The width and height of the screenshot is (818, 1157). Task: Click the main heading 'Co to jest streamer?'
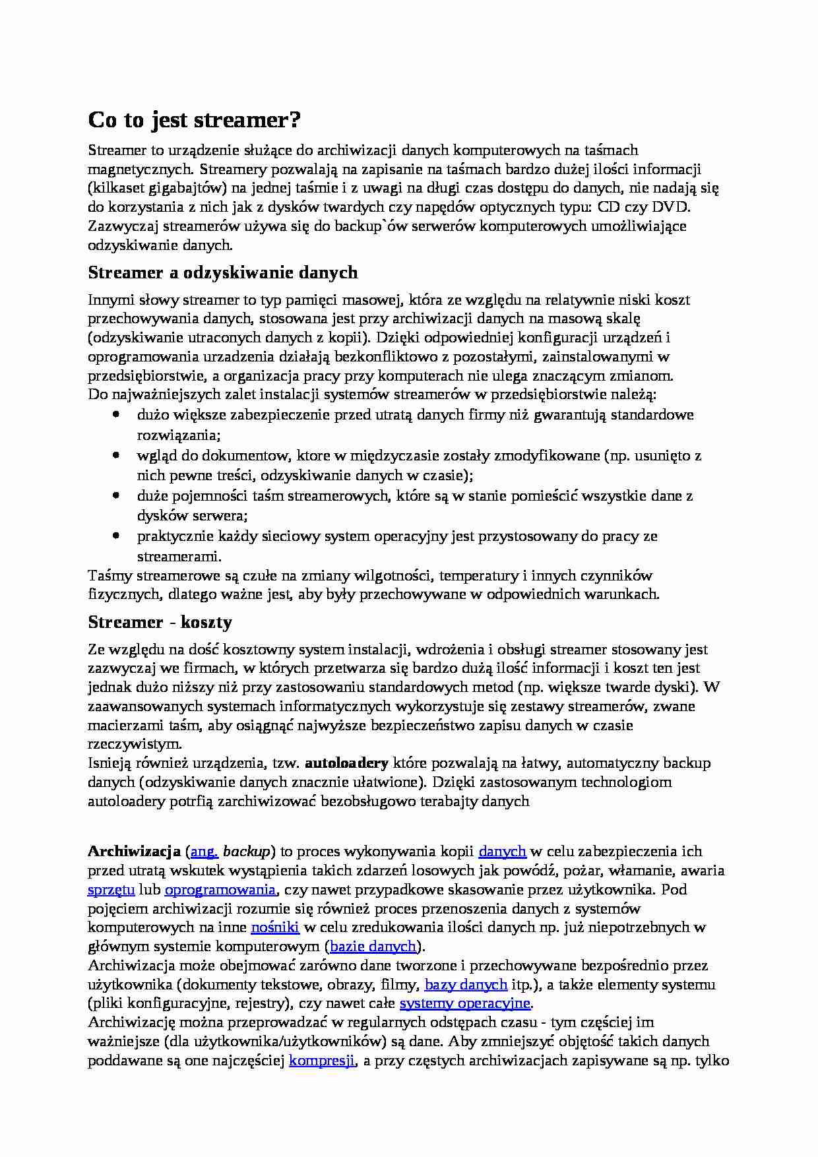pyautogui.click(x=194, y=120)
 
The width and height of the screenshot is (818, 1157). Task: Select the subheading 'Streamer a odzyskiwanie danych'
pyautogui.click(x=223, y=272)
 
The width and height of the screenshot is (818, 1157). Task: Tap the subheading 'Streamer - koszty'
pyautogui.click(x=160, y=622)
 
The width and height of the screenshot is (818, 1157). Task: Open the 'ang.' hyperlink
pyautogui.click(x=204, y=851)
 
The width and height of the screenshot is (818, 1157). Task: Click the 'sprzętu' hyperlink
pyautogui.click(x=111, y=889)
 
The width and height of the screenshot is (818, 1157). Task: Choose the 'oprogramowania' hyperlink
pyautogui.click(x=220, y=889)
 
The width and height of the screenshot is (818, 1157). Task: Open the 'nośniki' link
pyautogui.click(x=275, y=927)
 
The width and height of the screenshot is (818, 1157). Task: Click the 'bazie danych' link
pyautogui.click(x=373, y=947)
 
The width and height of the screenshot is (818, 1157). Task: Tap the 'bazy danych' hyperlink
pyautogui.click(x=466, y=985)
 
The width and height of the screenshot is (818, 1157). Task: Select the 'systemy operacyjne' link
pyautogui.click(x=465, y=1003)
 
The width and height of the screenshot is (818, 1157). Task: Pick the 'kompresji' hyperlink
pyautogui.click(x=323, y=1061)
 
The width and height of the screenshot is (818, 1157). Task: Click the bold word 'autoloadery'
pyautogui.click(x=346, y=763)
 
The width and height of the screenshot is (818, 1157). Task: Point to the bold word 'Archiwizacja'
pyautogui.click(x=135, y=851)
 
